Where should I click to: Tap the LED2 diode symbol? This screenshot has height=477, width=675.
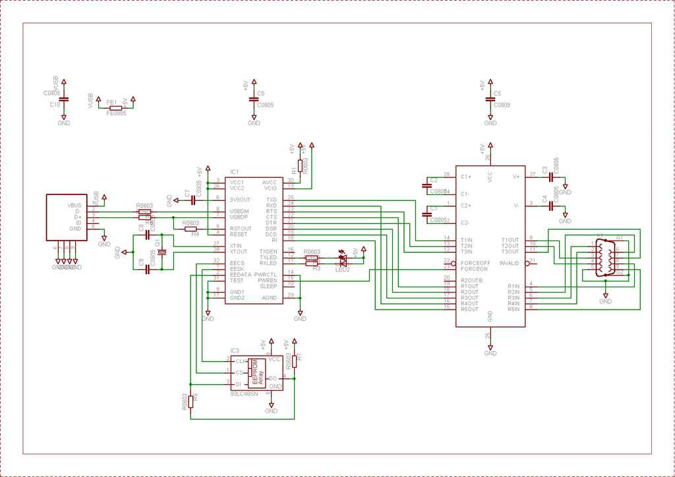pos(343,259)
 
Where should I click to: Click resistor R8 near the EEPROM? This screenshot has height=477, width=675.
pos(191,401)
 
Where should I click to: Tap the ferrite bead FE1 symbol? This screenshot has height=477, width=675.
pos(115,107)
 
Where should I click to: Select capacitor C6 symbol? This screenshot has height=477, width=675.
pos(254,99)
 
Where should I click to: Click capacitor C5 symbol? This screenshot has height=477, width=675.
pos(490,99)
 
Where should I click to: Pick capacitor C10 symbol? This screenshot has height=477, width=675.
pos(63,99)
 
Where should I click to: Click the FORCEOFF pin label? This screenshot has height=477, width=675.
pos(476,262)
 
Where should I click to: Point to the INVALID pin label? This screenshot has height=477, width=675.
pos(510,262)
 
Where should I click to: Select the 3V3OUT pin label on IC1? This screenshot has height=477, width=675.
pos(241,199)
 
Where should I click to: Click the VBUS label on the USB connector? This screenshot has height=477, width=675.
pos(74,206)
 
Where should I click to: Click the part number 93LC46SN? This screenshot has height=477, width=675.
pos(244,394)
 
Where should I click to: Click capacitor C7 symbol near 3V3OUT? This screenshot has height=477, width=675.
pos(192,200)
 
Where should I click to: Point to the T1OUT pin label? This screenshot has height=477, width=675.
pos(510,240)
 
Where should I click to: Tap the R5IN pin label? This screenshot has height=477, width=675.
pos(514,309)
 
